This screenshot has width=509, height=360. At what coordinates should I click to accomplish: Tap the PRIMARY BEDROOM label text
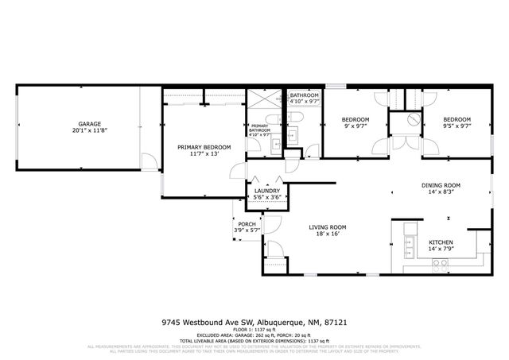point(204,147)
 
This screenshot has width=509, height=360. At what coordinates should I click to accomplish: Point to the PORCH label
point(247,224)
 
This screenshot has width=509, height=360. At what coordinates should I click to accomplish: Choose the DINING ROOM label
point(441,185)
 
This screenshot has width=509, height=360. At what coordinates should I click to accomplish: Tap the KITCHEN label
point(441,242)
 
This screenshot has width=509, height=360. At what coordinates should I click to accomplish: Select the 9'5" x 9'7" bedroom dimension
point(457,125)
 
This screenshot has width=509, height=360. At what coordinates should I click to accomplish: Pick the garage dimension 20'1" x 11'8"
point(88,131)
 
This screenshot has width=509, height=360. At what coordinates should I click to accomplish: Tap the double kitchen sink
point(408,243)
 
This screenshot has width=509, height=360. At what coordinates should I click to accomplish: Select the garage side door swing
point(148,162)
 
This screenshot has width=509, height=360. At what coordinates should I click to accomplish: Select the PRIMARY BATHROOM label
point(260,129)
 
